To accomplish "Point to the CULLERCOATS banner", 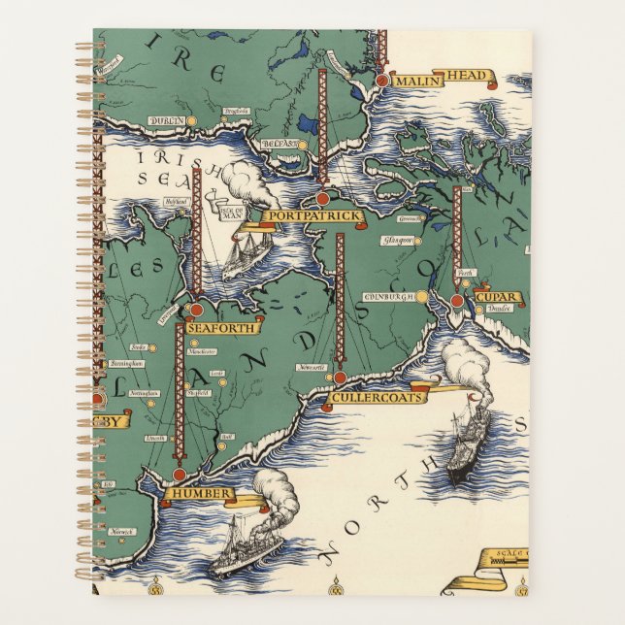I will tap(364, 397).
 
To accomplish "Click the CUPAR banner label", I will tap(494, 297).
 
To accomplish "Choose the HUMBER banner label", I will tap(199, 494).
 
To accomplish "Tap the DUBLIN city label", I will tap(165, 120).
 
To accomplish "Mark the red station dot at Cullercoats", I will tap(340, 378).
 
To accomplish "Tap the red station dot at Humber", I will tap(179, 475).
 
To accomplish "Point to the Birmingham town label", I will tap(125, 363).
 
